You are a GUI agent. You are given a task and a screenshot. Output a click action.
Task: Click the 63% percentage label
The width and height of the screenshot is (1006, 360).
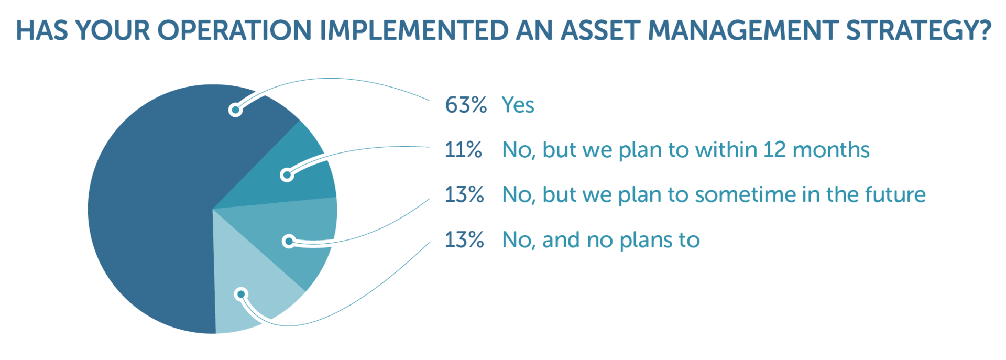tap(465, 105)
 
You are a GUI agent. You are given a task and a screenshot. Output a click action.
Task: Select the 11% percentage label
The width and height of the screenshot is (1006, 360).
tap(463, 150)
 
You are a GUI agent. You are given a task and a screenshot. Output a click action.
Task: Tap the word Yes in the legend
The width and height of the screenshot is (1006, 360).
tap(518, 105)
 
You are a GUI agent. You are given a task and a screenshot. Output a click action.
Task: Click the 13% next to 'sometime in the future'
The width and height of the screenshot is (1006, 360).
tap(464, 195)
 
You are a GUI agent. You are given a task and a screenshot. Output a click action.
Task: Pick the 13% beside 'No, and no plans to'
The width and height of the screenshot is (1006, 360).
tap(464, 240)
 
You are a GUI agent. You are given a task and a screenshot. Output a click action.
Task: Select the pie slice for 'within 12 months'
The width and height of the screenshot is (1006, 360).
tap(299, 168)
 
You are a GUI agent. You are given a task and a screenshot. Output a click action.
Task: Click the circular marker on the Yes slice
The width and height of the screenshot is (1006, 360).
tap(235, 110)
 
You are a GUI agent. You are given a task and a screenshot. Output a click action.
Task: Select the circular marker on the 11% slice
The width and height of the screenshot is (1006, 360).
tap(287, 175)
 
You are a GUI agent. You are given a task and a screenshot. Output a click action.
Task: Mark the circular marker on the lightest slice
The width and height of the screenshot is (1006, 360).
tap(240, 294)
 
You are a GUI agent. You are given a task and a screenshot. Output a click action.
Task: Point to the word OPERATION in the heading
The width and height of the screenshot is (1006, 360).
tap(234, 30)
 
